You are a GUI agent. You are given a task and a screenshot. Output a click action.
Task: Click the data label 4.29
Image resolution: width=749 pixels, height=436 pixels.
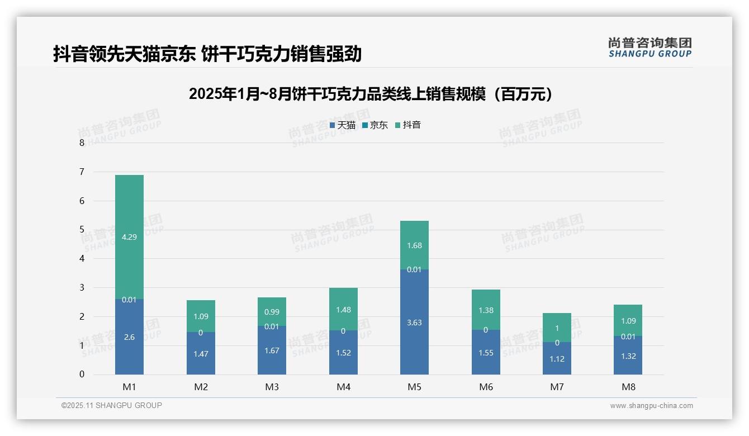tap(129, 237)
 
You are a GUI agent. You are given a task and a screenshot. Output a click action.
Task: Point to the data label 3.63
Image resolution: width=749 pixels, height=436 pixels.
tap(414, 323)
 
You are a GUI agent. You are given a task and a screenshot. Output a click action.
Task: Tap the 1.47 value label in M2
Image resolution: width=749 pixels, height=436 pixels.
tap(201, 354)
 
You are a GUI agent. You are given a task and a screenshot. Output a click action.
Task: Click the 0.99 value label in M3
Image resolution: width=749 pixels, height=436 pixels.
tap(272, 312)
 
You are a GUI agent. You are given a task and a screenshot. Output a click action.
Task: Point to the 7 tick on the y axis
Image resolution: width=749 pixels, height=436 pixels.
tap(82, 172)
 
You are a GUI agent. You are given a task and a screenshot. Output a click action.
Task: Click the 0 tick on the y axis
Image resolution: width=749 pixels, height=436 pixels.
tap(82, 375)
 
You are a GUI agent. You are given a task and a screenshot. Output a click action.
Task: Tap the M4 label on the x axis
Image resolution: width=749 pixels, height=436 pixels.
tap(343, 387)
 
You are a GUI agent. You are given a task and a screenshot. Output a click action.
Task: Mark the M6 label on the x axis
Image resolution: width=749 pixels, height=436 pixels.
tap(486, 387)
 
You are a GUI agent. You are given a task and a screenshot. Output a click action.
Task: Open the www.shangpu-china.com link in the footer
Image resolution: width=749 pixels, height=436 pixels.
tap(651, 406)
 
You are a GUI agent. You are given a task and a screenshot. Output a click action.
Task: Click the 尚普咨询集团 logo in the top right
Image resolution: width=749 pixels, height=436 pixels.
tap(650, 47)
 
